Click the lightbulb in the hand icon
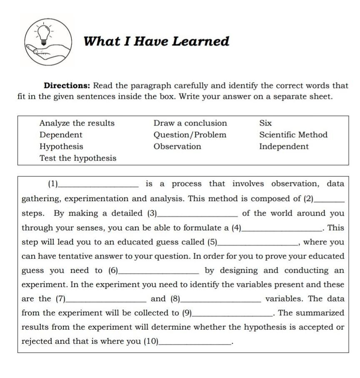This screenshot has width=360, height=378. point(43,34)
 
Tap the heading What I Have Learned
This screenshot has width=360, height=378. point(156,41)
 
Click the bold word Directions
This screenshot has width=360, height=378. point(67,86)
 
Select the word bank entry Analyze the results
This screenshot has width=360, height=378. point(77,123)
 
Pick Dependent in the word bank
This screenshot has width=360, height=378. point(61,135)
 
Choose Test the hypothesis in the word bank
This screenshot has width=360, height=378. point(78,158)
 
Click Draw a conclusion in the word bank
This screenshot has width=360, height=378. point(190,123)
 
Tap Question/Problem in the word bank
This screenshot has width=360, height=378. point(190,135)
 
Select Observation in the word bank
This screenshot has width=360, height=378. point(177,146)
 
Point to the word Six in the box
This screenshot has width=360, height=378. point(265,123)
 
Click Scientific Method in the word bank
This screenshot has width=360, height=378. point(293,135)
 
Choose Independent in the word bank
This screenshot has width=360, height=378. point(284,146)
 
